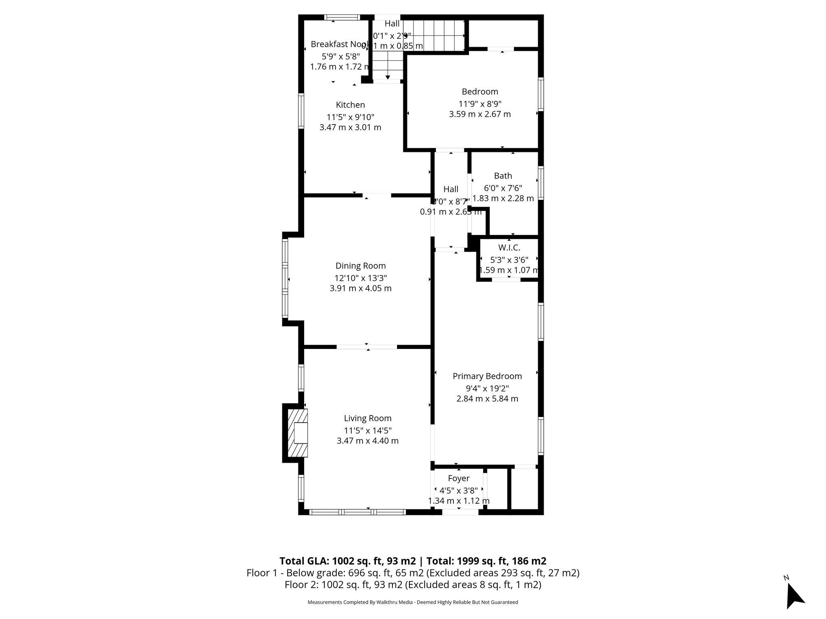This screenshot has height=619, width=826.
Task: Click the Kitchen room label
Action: pos(350,105)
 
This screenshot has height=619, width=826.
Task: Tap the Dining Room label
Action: pos(361,266)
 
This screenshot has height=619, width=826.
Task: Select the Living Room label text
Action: pos(367,418)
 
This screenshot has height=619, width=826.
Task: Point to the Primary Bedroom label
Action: pos(487,376)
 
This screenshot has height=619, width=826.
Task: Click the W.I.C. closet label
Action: pos(509,248)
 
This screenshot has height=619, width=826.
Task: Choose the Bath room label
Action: pos(503,176)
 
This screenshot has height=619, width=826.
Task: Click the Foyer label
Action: pos(459,478)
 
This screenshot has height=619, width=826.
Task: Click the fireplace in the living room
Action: pos(298,433)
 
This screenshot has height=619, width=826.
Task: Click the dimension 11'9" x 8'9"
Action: pos(480,104)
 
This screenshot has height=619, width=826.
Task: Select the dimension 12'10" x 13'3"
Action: pos(361,278)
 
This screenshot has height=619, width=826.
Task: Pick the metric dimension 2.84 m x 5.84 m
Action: pos(487,399)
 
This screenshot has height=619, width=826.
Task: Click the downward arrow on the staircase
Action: pos(388,77)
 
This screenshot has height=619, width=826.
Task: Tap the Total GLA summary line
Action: pos(413,561)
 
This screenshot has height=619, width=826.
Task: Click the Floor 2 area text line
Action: pos(413,585)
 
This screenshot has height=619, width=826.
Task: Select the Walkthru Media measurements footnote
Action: pos(413,602)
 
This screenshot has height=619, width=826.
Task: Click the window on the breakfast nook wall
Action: pos(342,17)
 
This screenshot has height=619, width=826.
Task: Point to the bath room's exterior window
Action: pos(541,183)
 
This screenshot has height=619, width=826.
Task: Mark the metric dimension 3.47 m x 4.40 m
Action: pos(367,441)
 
